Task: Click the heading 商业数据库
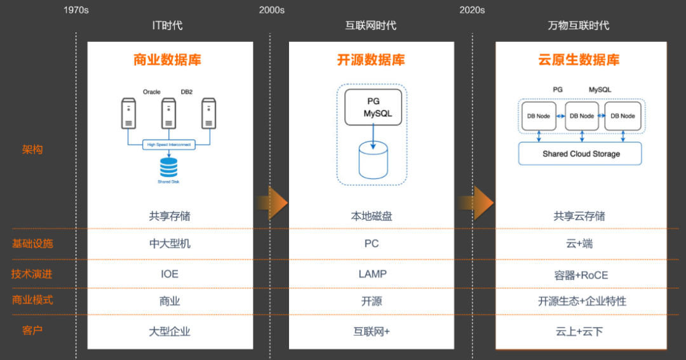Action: [167, 60]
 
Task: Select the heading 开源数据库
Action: [371, 60]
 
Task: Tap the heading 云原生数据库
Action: [579, 60]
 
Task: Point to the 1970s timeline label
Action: [76, 10]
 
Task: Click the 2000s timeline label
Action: [272, 10]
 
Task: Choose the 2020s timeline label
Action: [472, 10]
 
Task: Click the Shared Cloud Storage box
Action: [581, 154]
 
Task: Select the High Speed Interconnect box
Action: [169, 145]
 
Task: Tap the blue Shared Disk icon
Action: [169, 168]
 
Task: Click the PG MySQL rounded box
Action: [373, 107]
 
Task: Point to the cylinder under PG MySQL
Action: [373, 160]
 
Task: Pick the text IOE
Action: [170, 274]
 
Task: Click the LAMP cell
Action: [372, 274]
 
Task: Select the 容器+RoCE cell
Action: [581, 275]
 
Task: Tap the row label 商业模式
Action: [32, 300]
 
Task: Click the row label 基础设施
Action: [32, 244]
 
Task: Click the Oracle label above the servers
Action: [152, 92]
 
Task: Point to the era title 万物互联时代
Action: [579, 26]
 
